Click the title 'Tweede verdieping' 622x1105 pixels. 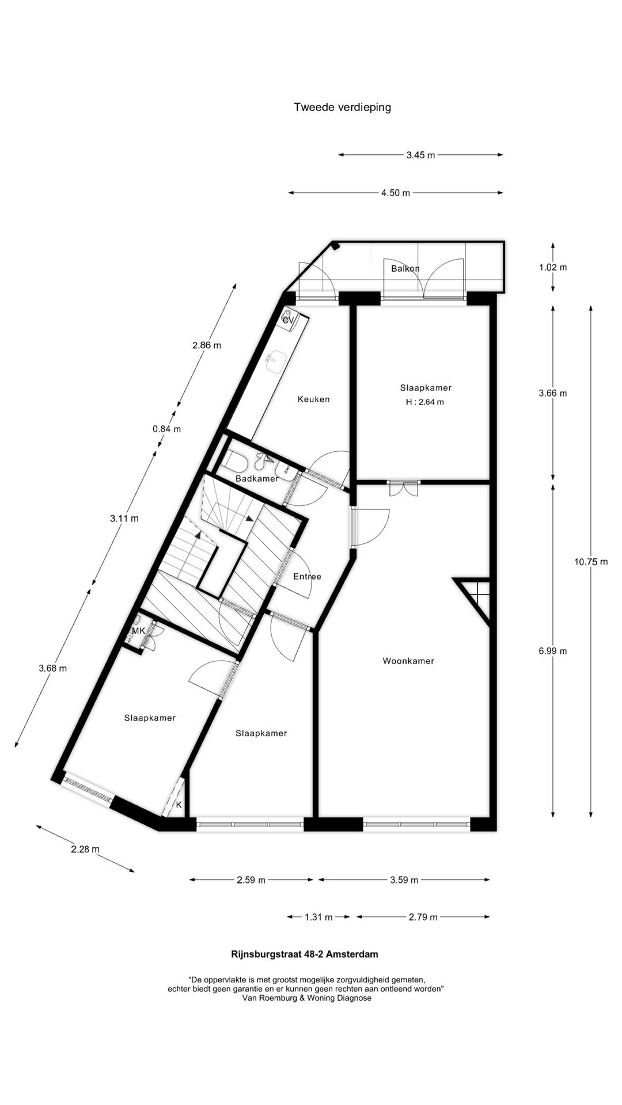[342, 107]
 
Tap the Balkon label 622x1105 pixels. [405, 269]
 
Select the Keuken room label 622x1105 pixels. [313, 399]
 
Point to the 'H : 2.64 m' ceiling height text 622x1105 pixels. [425, 402]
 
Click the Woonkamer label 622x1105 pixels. [408, 661]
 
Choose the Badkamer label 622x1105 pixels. [257, 478]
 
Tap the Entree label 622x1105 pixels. [307, 576]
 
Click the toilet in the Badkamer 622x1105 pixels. [235, 461]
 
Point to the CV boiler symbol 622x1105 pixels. [288, 318]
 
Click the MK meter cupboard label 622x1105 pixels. [138, 631]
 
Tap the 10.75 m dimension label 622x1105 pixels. [591, 562]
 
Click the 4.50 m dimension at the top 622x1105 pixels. [396, 193]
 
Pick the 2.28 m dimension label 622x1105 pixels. [85, 849]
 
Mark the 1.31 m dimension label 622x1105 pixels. [318, 917]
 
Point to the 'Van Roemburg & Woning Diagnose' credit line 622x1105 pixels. [307, 998]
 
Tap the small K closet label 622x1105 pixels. [179, 805]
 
